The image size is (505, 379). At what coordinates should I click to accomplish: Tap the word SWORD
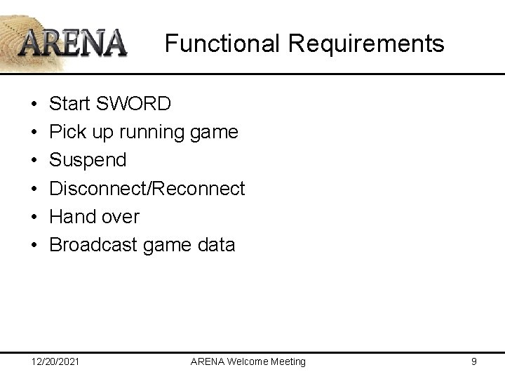click(135, 104)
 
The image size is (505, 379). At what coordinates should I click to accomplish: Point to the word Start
click(70, 104)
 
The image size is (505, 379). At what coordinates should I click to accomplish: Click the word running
click(154, 132)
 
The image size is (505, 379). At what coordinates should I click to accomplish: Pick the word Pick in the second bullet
click(68, 132)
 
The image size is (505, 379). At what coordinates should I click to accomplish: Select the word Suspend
click(88, 160)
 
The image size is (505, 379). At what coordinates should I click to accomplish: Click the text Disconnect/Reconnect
click(147, 188)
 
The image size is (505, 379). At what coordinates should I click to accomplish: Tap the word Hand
click(74, 216)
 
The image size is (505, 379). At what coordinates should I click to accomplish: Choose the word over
click(121, 216)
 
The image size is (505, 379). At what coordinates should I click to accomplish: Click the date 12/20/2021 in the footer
click(55, 361)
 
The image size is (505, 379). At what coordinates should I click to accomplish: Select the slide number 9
click(474, 361)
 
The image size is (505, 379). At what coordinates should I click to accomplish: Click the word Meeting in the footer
click(287, 361)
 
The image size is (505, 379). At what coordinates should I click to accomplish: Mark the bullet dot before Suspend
click(34, 161)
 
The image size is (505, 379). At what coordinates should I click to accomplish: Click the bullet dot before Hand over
click(34, 217)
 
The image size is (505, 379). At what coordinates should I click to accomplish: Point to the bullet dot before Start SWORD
click(34, 105)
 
